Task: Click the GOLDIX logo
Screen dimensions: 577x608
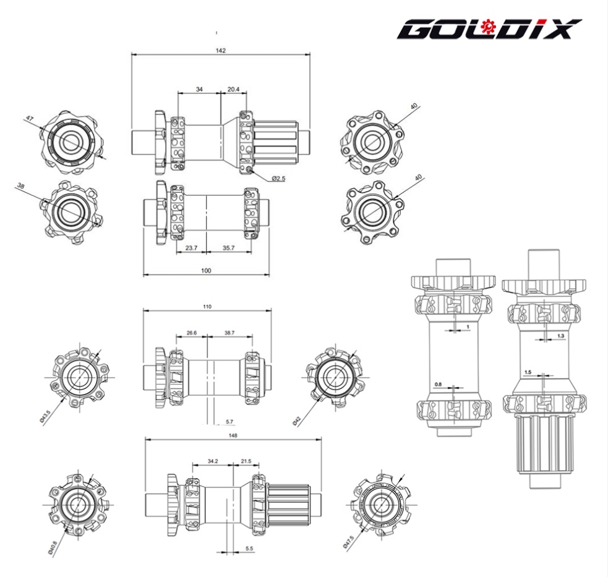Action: pos(489,28)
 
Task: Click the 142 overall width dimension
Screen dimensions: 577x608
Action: pos(221,50)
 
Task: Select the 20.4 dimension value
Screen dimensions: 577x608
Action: pos(233,89)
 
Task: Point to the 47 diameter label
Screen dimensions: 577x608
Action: pos(28,118)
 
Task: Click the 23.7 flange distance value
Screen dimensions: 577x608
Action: pos(191,248)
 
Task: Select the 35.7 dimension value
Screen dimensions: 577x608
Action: pos(228,248)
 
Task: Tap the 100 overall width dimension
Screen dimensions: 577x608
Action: pos(206,270)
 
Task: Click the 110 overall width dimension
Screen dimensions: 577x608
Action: pos(207,306)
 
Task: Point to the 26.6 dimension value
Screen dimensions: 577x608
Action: pos(191,333)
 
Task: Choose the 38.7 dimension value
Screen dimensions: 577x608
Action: pos(229,333)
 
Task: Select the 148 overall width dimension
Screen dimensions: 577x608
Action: pos(233,435)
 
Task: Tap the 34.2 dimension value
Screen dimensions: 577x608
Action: pos(213,461)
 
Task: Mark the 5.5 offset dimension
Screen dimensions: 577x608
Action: pos(249,549)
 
